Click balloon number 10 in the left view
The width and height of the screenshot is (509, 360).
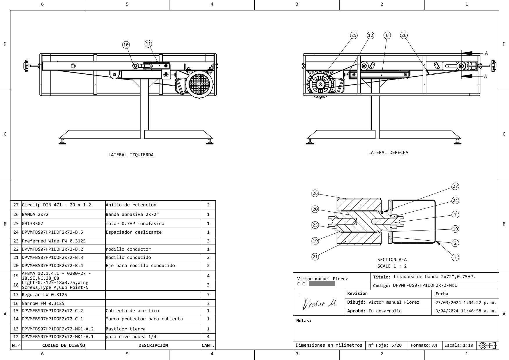coord(126,45)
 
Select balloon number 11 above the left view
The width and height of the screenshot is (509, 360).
coord(148,44)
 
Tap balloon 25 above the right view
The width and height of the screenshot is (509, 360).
coord(354,35)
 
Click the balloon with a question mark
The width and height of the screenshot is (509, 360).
coord(455,257)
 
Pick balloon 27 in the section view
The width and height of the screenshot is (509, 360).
coord(455,186)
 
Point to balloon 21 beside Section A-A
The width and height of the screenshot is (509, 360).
coord(315,257)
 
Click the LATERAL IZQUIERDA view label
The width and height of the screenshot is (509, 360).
coord(131,155)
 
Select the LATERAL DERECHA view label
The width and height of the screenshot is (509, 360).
coord(388,152)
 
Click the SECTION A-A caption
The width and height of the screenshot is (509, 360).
coord(392,260)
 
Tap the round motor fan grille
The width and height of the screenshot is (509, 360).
coord(199,84)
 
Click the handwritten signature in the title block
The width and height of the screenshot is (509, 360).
coord(319,304)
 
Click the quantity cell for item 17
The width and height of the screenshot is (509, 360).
coord(208,295)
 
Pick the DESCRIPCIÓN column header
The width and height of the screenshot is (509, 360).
coord(153,345)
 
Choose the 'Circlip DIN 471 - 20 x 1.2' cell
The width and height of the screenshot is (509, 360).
coord(56,205)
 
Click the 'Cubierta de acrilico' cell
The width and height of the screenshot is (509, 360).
coord(132,311)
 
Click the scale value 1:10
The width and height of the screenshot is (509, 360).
coord(468,345)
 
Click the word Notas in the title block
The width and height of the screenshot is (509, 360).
coord(303,321)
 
